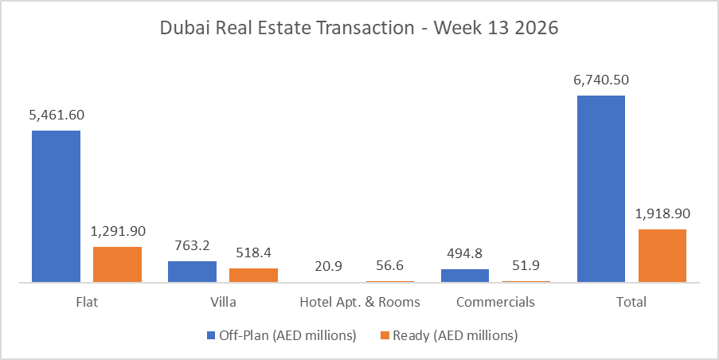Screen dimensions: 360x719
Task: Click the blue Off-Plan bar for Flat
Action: (56, 205)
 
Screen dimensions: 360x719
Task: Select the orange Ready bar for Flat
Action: (117, 264)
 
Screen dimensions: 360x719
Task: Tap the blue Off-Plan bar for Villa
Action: (192, 271)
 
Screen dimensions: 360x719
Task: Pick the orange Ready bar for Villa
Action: (253, 275)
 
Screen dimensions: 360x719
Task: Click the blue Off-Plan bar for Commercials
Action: (465, 275)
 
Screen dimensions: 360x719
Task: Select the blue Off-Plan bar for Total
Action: (601, 188)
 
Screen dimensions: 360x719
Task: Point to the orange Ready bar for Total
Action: (662, 255)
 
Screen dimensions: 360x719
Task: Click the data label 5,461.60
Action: (56, 115)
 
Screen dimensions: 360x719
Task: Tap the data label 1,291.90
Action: (117, 231)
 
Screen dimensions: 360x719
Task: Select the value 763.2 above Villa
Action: (192, 245)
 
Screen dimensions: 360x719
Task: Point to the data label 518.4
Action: (253, 252)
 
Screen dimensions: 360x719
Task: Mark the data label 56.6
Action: (389, 265)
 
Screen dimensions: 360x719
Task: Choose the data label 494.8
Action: (465, 253)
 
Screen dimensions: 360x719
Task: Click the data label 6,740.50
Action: (601, 80)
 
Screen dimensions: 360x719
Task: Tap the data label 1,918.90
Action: (662, 213)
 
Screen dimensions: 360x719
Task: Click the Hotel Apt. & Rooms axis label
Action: (359, 303)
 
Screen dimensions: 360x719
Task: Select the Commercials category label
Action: (495, 303)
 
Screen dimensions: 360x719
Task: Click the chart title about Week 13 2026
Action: (359, 28)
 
